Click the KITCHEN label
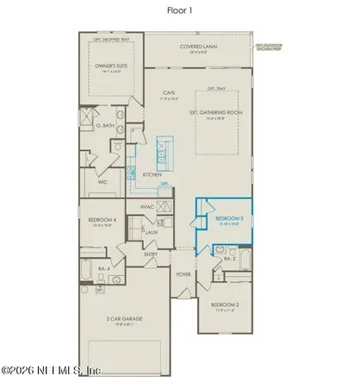pos(152,174)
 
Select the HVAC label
pos(147,208)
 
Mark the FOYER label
pos(183,275)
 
